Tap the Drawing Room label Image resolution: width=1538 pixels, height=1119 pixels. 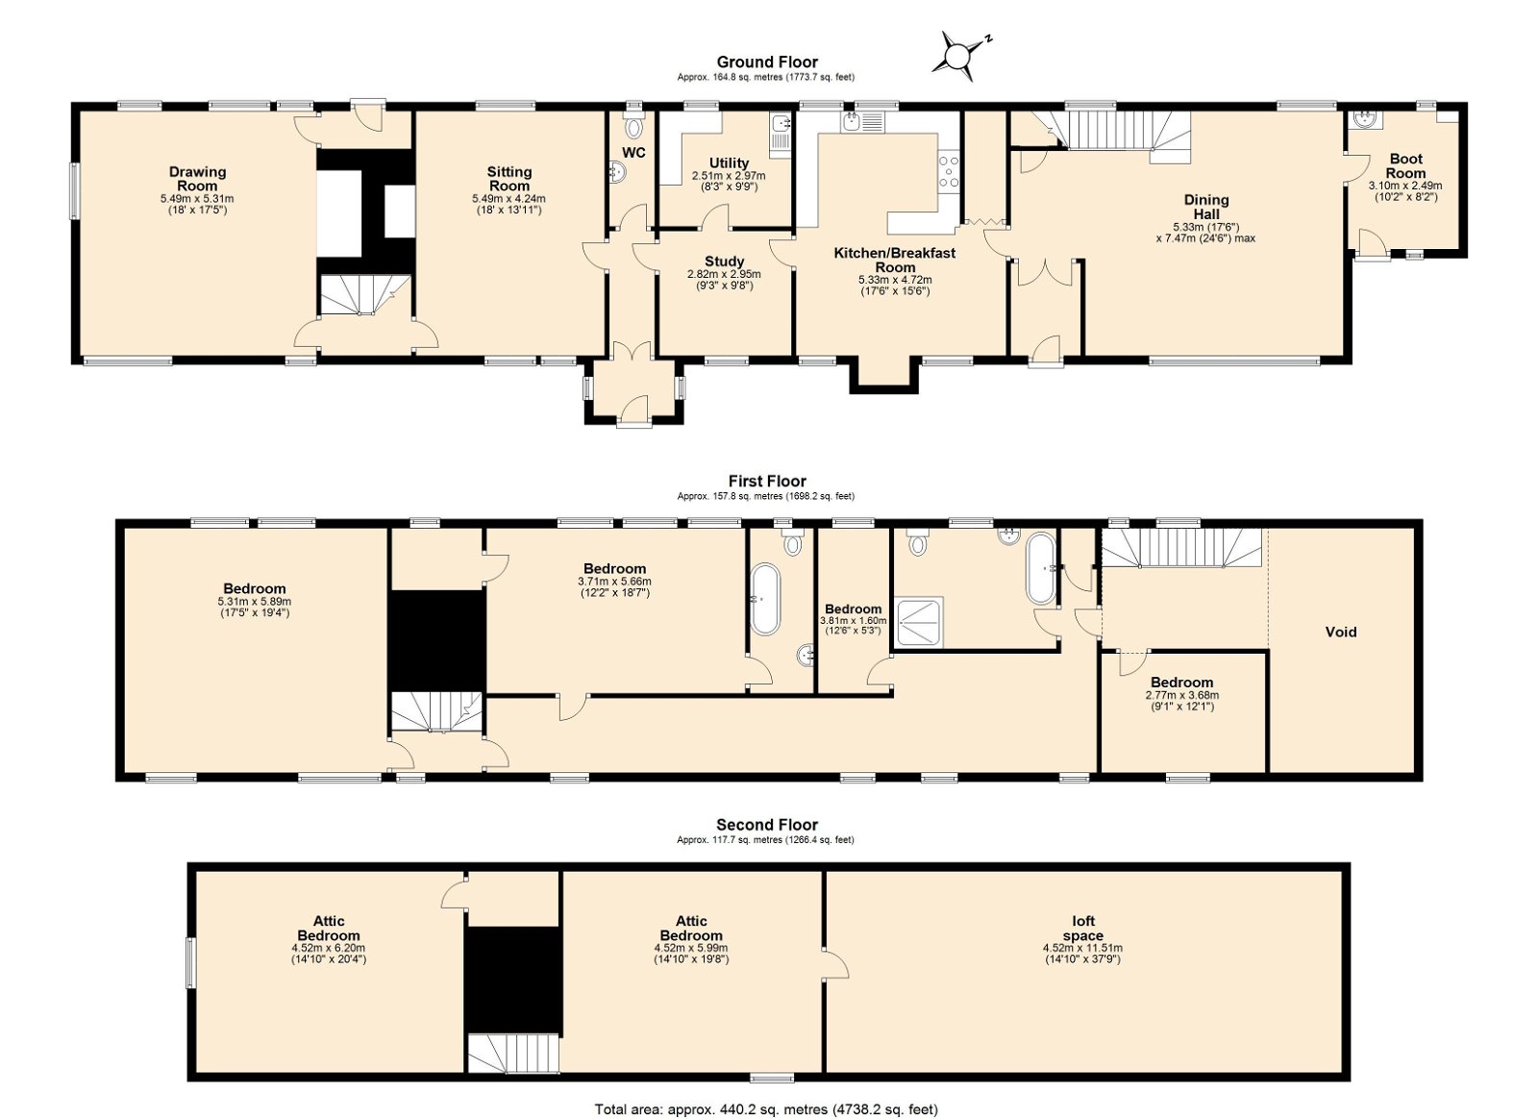[x=198, y=179]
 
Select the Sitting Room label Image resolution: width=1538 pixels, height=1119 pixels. [x=509, y=179]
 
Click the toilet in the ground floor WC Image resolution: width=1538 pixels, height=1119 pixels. [x=633, y=126]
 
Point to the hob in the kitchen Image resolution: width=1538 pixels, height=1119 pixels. [x=949, y=171]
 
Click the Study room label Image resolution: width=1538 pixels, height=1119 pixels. [x=725, y=261]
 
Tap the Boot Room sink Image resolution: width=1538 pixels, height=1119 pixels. [x=1364, y=120]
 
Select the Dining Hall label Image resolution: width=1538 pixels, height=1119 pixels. [x=1206, y=207]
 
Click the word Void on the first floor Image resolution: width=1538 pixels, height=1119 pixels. [x=1341, y=632]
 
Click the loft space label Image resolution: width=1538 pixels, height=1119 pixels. [x=1083, y=928]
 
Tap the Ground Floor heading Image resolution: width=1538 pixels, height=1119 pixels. [x=767, y=62]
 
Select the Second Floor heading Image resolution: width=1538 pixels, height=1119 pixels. [x=767, y=825]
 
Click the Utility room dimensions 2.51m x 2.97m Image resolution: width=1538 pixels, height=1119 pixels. [x=729, y=176]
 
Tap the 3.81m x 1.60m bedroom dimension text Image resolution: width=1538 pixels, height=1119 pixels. [x=854, y=621]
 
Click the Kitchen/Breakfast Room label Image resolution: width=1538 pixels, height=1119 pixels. [x=895, y=261]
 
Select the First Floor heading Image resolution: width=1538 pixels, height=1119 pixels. [x=767, y=482]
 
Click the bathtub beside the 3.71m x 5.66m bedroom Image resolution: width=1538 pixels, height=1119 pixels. [x=765, y=599]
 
